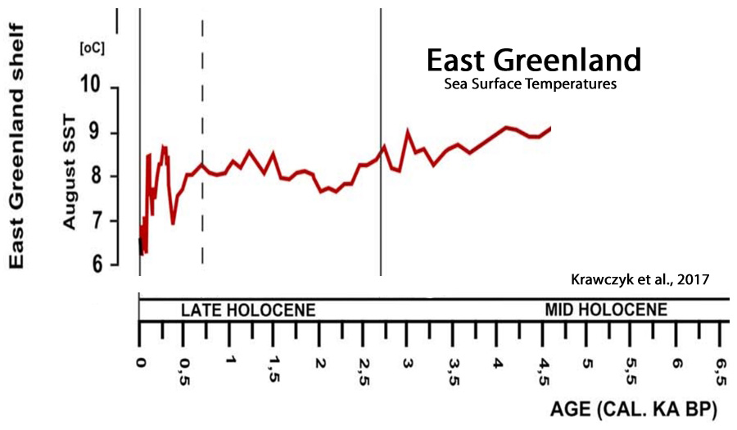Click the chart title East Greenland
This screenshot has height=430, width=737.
(533, 61)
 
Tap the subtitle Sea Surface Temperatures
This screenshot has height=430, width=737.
(530, 84)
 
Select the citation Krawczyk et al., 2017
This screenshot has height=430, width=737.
(639, 278)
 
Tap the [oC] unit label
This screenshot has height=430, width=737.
(91, 48)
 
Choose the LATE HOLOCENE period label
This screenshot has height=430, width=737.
(247, 310)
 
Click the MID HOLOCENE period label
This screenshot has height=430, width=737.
(606, 310)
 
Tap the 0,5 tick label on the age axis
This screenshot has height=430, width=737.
(186, 364)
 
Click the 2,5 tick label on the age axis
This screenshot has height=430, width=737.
(364, 364)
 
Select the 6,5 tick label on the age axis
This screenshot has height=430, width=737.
(721, 364)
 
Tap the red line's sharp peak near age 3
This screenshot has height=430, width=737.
(408, 131)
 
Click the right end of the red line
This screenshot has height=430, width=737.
(550, 128)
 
